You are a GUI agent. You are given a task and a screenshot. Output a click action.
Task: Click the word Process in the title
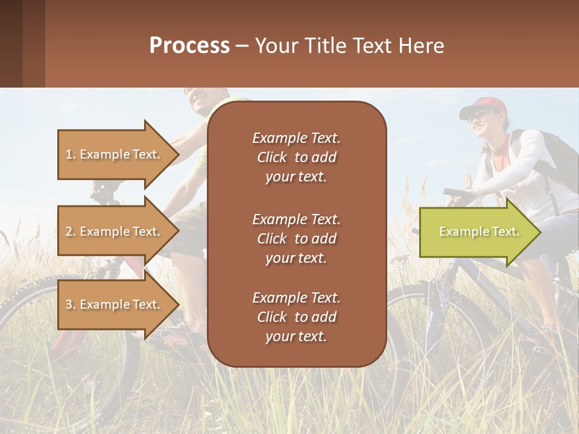pyautogui.click(x=189, y=46)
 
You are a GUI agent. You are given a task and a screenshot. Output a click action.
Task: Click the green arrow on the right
pyautogui.click(x=479, y=232)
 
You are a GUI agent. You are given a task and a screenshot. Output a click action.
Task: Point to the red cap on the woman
pyautogui.click(x=482, y=105)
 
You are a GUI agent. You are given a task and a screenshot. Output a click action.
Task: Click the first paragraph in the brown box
pyautogui.click(x=296, y=157)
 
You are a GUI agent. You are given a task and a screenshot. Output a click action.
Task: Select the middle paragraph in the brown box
pyautogui.click(x=296, y=239)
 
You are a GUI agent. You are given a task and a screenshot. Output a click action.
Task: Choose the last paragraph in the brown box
pyautogui.click(x=296, y=317)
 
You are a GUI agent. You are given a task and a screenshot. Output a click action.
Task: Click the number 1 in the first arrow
pyautogui.click(x=69, y=154)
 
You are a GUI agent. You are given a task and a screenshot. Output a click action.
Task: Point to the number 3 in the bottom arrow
pyautogui.click(x=69, y=304)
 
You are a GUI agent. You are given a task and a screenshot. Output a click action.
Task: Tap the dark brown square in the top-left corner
pyautogui.click(x=11, y=43)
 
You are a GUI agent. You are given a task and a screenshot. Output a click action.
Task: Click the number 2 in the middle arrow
pyautogui.click(x=69, y=231)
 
